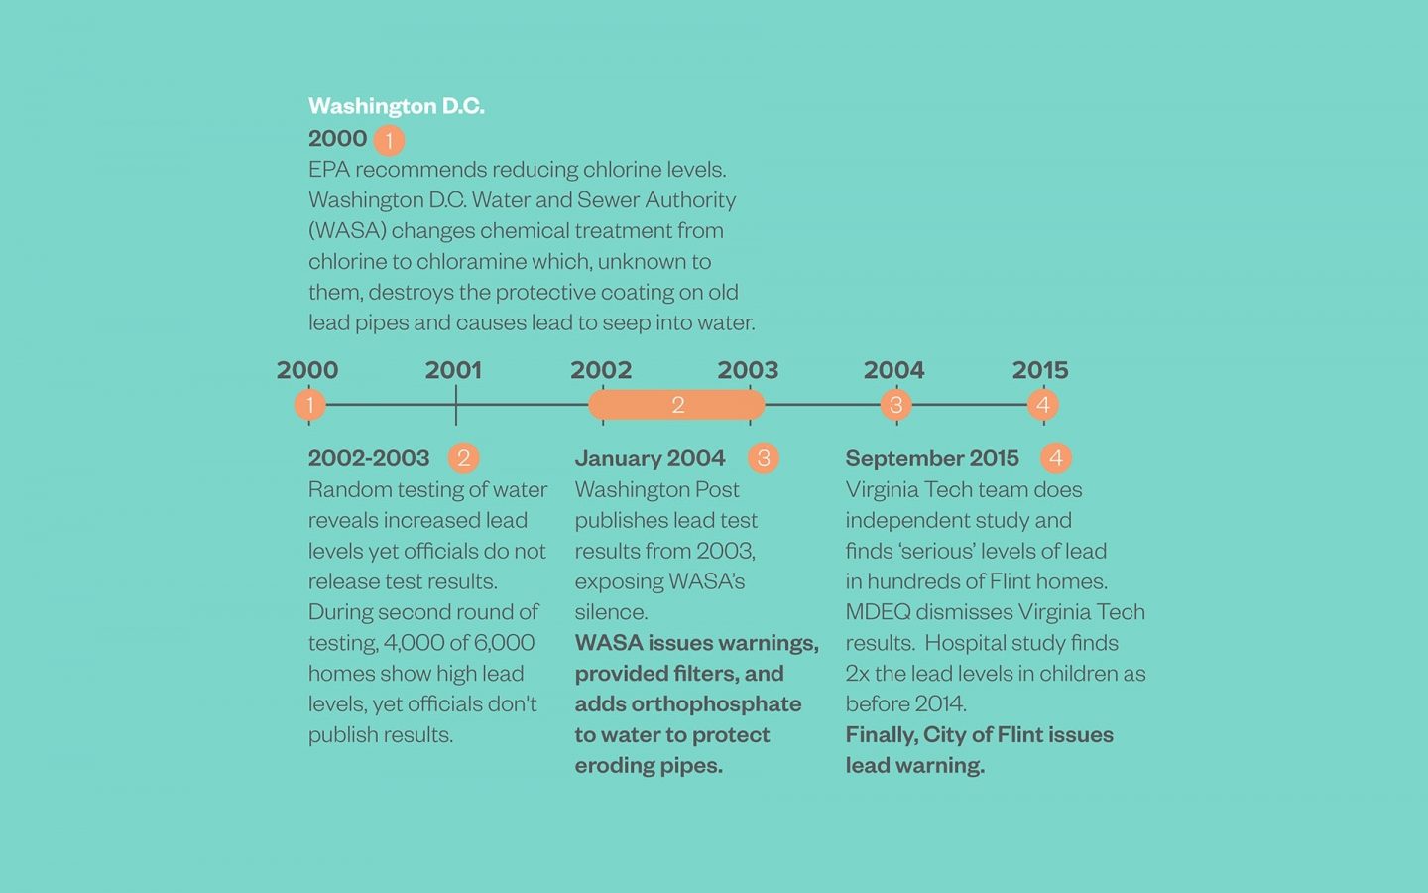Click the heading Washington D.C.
396,106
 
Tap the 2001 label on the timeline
453,370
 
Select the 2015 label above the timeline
1039,370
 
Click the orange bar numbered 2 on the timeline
676,405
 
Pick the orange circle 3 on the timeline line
895,405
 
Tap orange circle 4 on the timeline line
1042,405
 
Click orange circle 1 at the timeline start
309,405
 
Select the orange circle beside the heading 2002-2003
463,458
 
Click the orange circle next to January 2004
763,458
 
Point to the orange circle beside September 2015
1055,458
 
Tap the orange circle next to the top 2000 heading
389,140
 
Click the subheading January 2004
650,458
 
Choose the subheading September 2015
931,458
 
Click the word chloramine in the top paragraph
470,262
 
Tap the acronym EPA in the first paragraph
328,170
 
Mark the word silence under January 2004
610,612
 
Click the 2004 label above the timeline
893,370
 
